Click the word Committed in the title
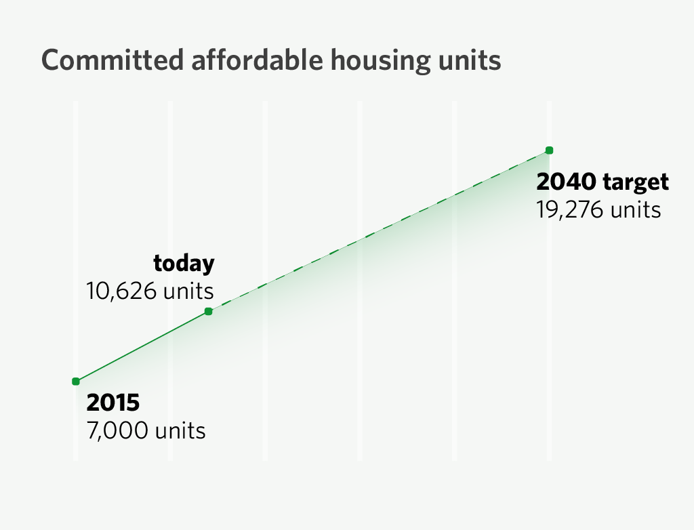tap(112, 61)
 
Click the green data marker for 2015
tap(76, 382)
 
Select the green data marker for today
tap(209, 312)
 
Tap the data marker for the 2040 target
tap(550, 150)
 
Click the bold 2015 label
tap(113, 403)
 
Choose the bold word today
tap(184, 263)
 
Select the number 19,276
tap(570, 210)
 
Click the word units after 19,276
tap(635, 210)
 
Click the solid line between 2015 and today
tap(142, 346)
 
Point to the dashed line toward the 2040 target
tap(380, 231)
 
